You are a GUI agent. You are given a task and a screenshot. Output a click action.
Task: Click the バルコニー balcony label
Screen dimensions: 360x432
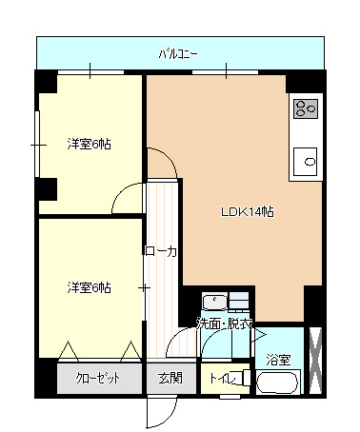click(178, 54)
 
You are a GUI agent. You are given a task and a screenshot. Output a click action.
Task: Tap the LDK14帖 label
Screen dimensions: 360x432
click(248, 211)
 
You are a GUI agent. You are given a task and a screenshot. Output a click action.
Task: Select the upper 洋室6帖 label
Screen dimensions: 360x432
click(89, 144)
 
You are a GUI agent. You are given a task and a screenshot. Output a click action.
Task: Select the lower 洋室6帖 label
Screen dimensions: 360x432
click(89, 287)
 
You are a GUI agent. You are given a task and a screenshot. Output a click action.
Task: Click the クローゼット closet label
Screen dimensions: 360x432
click(97, 378)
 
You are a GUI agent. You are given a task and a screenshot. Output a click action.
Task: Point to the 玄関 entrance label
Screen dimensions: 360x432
click(170, 378)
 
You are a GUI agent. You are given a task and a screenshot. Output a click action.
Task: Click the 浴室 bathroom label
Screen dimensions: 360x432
click(278, 360)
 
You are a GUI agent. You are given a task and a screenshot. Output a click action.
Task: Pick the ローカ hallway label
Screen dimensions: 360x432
click(161, 251)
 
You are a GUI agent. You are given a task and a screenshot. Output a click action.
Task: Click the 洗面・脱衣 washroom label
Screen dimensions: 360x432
click(225, 324)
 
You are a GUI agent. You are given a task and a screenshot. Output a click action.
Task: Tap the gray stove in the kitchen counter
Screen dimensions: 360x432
click(306, 108)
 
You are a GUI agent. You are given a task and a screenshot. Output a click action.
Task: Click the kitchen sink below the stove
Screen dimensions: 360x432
click(305, 162)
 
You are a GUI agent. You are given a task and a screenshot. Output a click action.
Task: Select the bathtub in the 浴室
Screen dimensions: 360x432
click(278, 383)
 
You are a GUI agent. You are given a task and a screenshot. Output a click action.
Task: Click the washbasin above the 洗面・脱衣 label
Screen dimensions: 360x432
click(215, 302)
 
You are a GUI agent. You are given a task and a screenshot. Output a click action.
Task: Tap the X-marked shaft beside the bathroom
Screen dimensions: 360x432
click(315, 361)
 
